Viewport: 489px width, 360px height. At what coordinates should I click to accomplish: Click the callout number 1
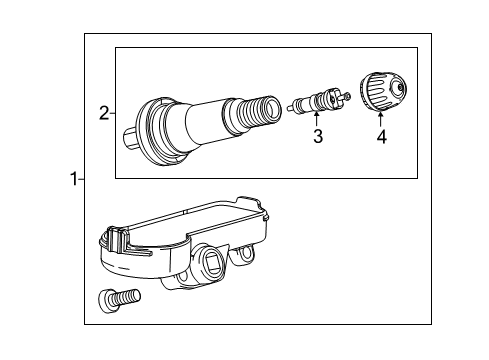coord(72,180)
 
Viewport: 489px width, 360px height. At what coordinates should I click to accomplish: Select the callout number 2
coord(103,113)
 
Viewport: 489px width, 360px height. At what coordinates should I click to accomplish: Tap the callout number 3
coord(318,136)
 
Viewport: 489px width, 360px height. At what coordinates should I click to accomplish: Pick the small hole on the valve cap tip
coord(400,90)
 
